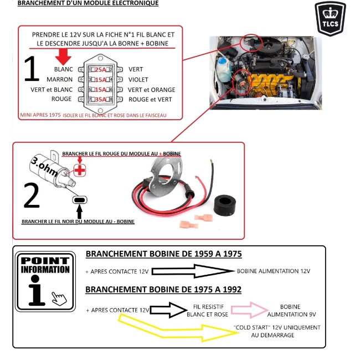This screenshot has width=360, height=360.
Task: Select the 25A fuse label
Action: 100,70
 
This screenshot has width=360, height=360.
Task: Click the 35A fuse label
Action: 100,100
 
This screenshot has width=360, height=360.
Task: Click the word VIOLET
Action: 138,79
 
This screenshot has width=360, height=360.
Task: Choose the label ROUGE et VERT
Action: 150,100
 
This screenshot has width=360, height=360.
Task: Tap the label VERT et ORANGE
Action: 151,90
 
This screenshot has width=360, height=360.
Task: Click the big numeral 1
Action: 32,70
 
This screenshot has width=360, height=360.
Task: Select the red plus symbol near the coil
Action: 80,169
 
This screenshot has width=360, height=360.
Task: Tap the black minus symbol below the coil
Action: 80,200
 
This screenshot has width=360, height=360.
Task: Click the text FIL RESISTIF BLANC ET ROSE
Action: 207,310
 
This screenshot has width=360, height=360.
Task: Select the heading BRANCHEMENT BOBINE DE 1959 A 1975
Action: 163,254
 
